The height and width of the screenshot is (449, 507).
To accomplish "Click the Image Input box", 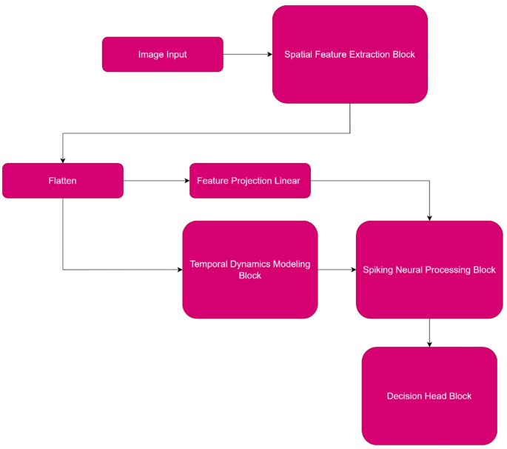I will (x=162, y=54).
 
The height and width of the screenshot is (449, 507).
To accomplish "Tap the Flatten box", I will (x=62, y=181).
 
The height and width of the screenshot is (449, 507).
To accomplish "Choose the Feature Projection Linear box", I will (x=249, y=181).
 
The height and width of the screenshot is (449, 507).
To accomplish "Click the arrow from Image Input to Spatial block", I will (x=247, y=54).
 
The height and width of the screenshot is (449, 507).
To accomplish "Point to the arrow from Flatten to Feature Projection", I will (x=155, y=181).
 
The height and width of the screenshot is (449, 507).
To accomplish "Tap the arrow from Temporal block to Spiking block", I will (x=337, y=270).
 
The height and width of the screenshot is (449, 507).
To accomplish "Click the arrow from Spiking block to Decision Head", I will (x=429, y=333).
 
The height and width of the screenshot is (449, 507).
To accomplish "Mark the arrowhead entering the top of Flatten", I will (x=63, y=159).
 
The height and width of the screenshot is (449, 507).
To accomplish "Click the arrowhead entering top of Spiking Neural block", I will (x=429, y=216).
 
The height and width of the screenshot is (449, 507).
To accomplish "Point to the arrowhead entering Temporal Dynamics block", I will (x=178, y=270).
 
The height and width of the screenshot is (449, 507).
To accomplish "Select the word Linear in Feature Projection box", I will (x=286, y=181).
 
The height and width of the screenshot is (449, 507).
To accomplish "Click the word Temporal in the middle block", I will (x=210, y=265).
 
